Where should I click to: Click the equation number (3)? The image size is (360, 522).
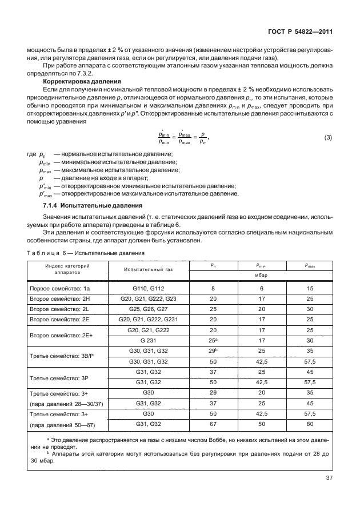tap(327, 138)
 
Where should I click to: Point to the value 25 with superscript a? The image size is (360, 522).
tap(213, 341)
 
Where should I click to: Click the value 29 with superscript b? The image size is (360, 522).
tap(213, 351)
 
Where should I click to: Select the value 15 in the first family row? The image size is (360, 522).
tap(309, 289)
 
